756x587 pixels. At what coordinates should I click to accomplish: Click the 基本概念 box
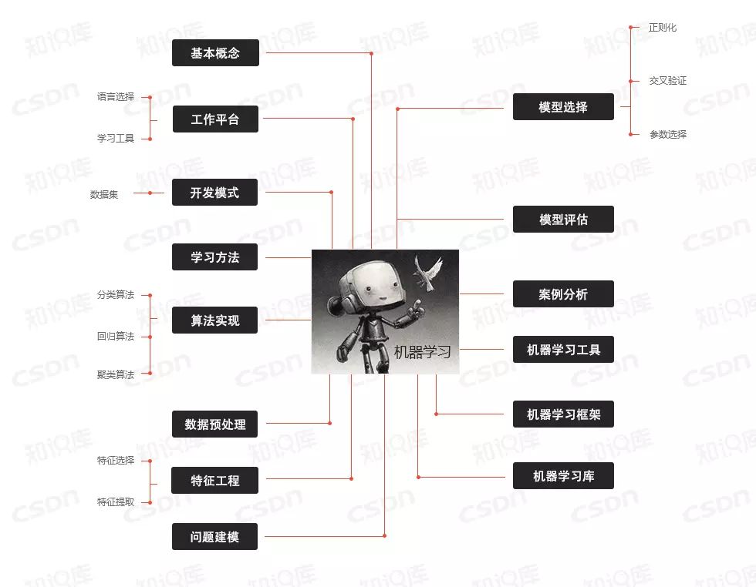coord(215,53)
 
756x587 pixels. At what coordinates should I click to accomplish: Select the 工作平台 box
coord(215,119)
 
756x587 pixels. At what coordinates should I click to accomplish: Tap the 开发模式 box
coord(215,193)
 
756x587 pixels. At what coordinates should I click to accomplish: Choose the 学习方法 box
coord(215,257)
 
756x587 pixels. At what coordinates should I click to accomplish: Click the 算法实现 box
coord(215,320)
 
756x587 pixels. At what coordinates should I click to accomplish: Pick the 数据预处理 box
coord(215,424)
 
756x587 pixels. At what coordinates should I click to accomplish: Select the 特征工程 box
coord(215,481)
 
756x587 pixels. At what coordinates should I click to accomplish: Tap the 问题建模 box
coord(215,537)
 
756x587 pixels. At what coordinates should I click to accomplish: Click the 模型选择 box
coord(563,107)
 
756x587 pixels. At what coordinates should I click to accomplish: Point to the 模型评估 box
coord(563,220)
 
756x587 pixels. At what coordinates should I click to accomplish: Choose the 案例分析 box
coord(563,294)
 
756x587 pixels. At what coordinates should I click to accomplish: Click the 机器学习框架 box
coord(563,414)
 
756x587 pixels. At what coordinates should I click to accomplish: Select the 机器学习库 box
coord(563,476)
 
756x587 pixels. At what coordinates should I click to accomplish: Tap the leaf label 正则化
coord(663,28)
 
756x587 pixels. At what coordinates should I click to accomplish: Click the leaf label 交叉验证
coord(667,81)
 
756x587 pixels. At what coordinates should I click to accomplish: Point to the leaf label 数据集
coord(104,195)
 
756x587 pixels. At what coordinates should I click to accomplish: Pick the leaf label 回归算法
coord(116,337)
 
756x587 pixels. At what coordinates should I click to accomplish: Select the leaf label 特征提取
coord(116,502)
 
